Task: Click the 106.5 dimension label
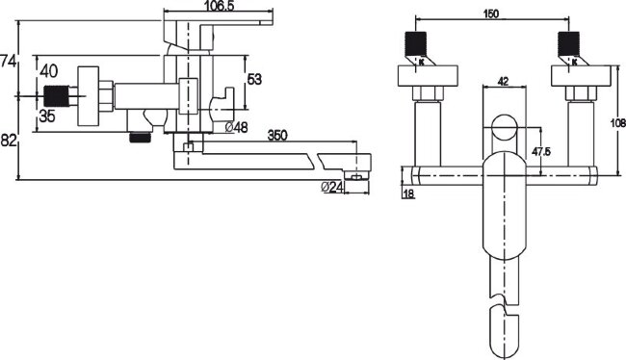click(x=220, y=6)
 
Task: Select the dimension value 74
click(x=8, y=62)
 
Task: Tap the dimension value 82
click(x=8, y=141)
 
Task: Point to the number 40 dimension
click(x=49, y=71)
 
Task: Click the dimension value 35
click(x=47, y=116)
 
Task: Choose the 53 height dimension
click(x=254, y=79)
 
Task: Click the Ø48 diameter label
click(x=236, y=127)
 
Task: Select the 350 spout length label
click(x=277, y=136)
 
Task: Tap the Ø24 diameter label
click(x=332, y=187)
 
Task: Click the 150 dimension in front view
click(x=490, y=14)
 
